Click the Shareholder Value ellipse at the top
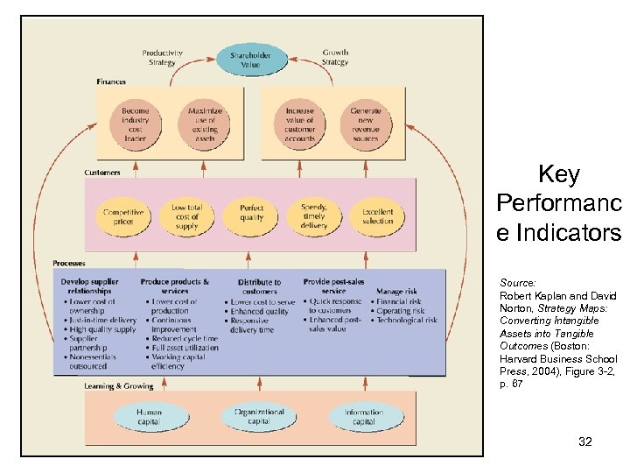(250, 60)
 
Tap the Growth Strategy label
(335, 58)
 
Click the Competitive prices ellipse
(123, 216)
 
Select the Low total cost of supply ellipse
(186, 216)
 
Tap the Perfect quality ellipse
(251, 216)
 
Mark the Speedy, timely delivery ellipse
(314, 216)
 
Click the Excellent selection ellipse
(378, 216)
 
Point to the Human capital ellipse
(149, 416)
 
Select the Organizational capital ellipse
(259, 416)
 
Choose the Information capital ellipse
(364, 416)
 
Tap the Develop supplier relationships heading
(90, 286)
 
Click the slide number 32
(585, 441)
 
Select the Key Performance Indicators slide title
(558, 204)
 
